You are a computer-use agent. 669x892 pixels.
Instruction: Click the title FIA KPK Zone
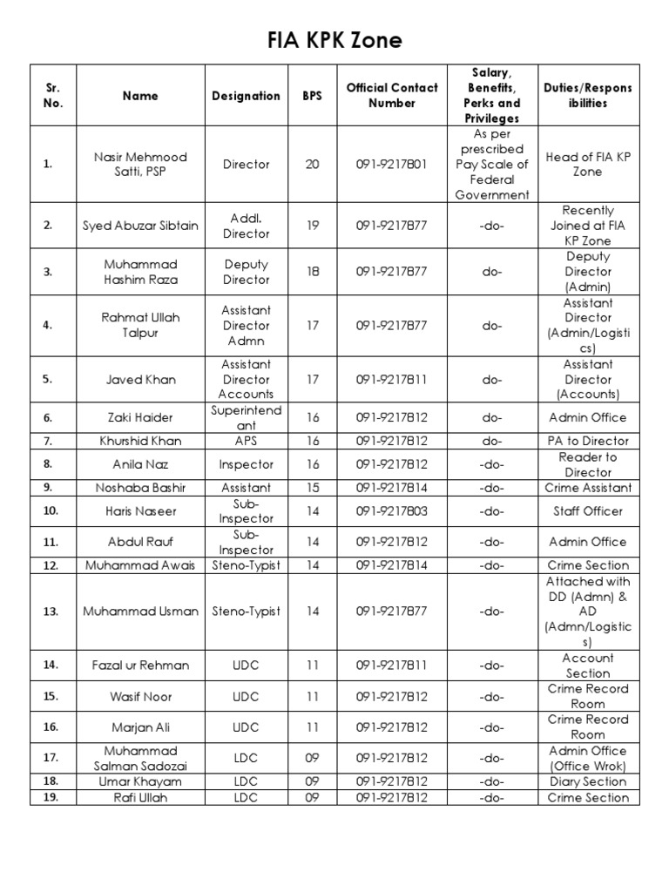(x=334, y=40)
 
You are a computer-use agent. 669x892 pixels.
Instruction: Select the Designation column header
(x=246, y=96)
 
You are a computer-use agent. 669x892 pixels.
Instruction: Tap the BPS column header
(x=312, y=96)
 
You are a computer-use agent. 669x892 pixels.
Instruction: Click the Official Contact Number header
(x=392, y=96)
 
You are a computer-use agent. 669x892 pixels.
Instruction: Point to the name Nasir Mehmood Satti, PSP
(x=140, y=165)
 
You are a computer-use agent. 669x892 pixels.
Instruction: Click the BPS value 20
(x=312, y=165)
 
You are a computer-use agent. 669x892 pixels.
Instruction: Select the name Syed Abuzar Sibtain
(x=140, y=226)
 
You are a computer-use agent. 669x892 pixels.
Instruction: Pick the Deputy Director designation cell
(x=246, y=272)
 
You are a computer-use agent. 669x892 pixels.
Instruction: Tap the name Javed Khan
(x=140, y=379)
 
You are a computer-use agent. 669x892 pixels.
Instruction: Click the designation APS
(x=246, y=441)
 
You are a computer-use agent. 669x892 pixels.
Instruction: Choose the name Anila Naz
(x=140, y=464)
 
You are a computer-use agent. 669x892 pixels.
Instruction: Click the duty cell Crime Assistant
(x=588, y=488)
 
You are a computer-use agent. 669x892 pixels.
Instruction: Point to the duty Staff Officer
(x=588, y=511)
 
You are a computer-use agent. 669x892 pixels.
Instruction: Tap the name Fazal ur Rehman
(x=140, y=666)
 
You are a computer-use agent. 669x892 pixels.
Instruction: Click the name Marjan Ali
(x=140, y=726)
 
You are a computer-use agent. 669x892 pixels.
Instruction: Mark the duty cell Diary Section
(x=588, y=781)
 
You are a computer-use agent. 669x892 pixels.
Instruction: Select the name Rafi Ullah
(x=140, y=797)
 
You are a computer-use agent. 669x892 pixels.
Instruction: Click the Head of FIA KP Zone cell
(x=588, y=165)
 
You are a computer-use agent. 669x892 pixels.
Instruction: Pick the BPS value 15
(x=312, y=488)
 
